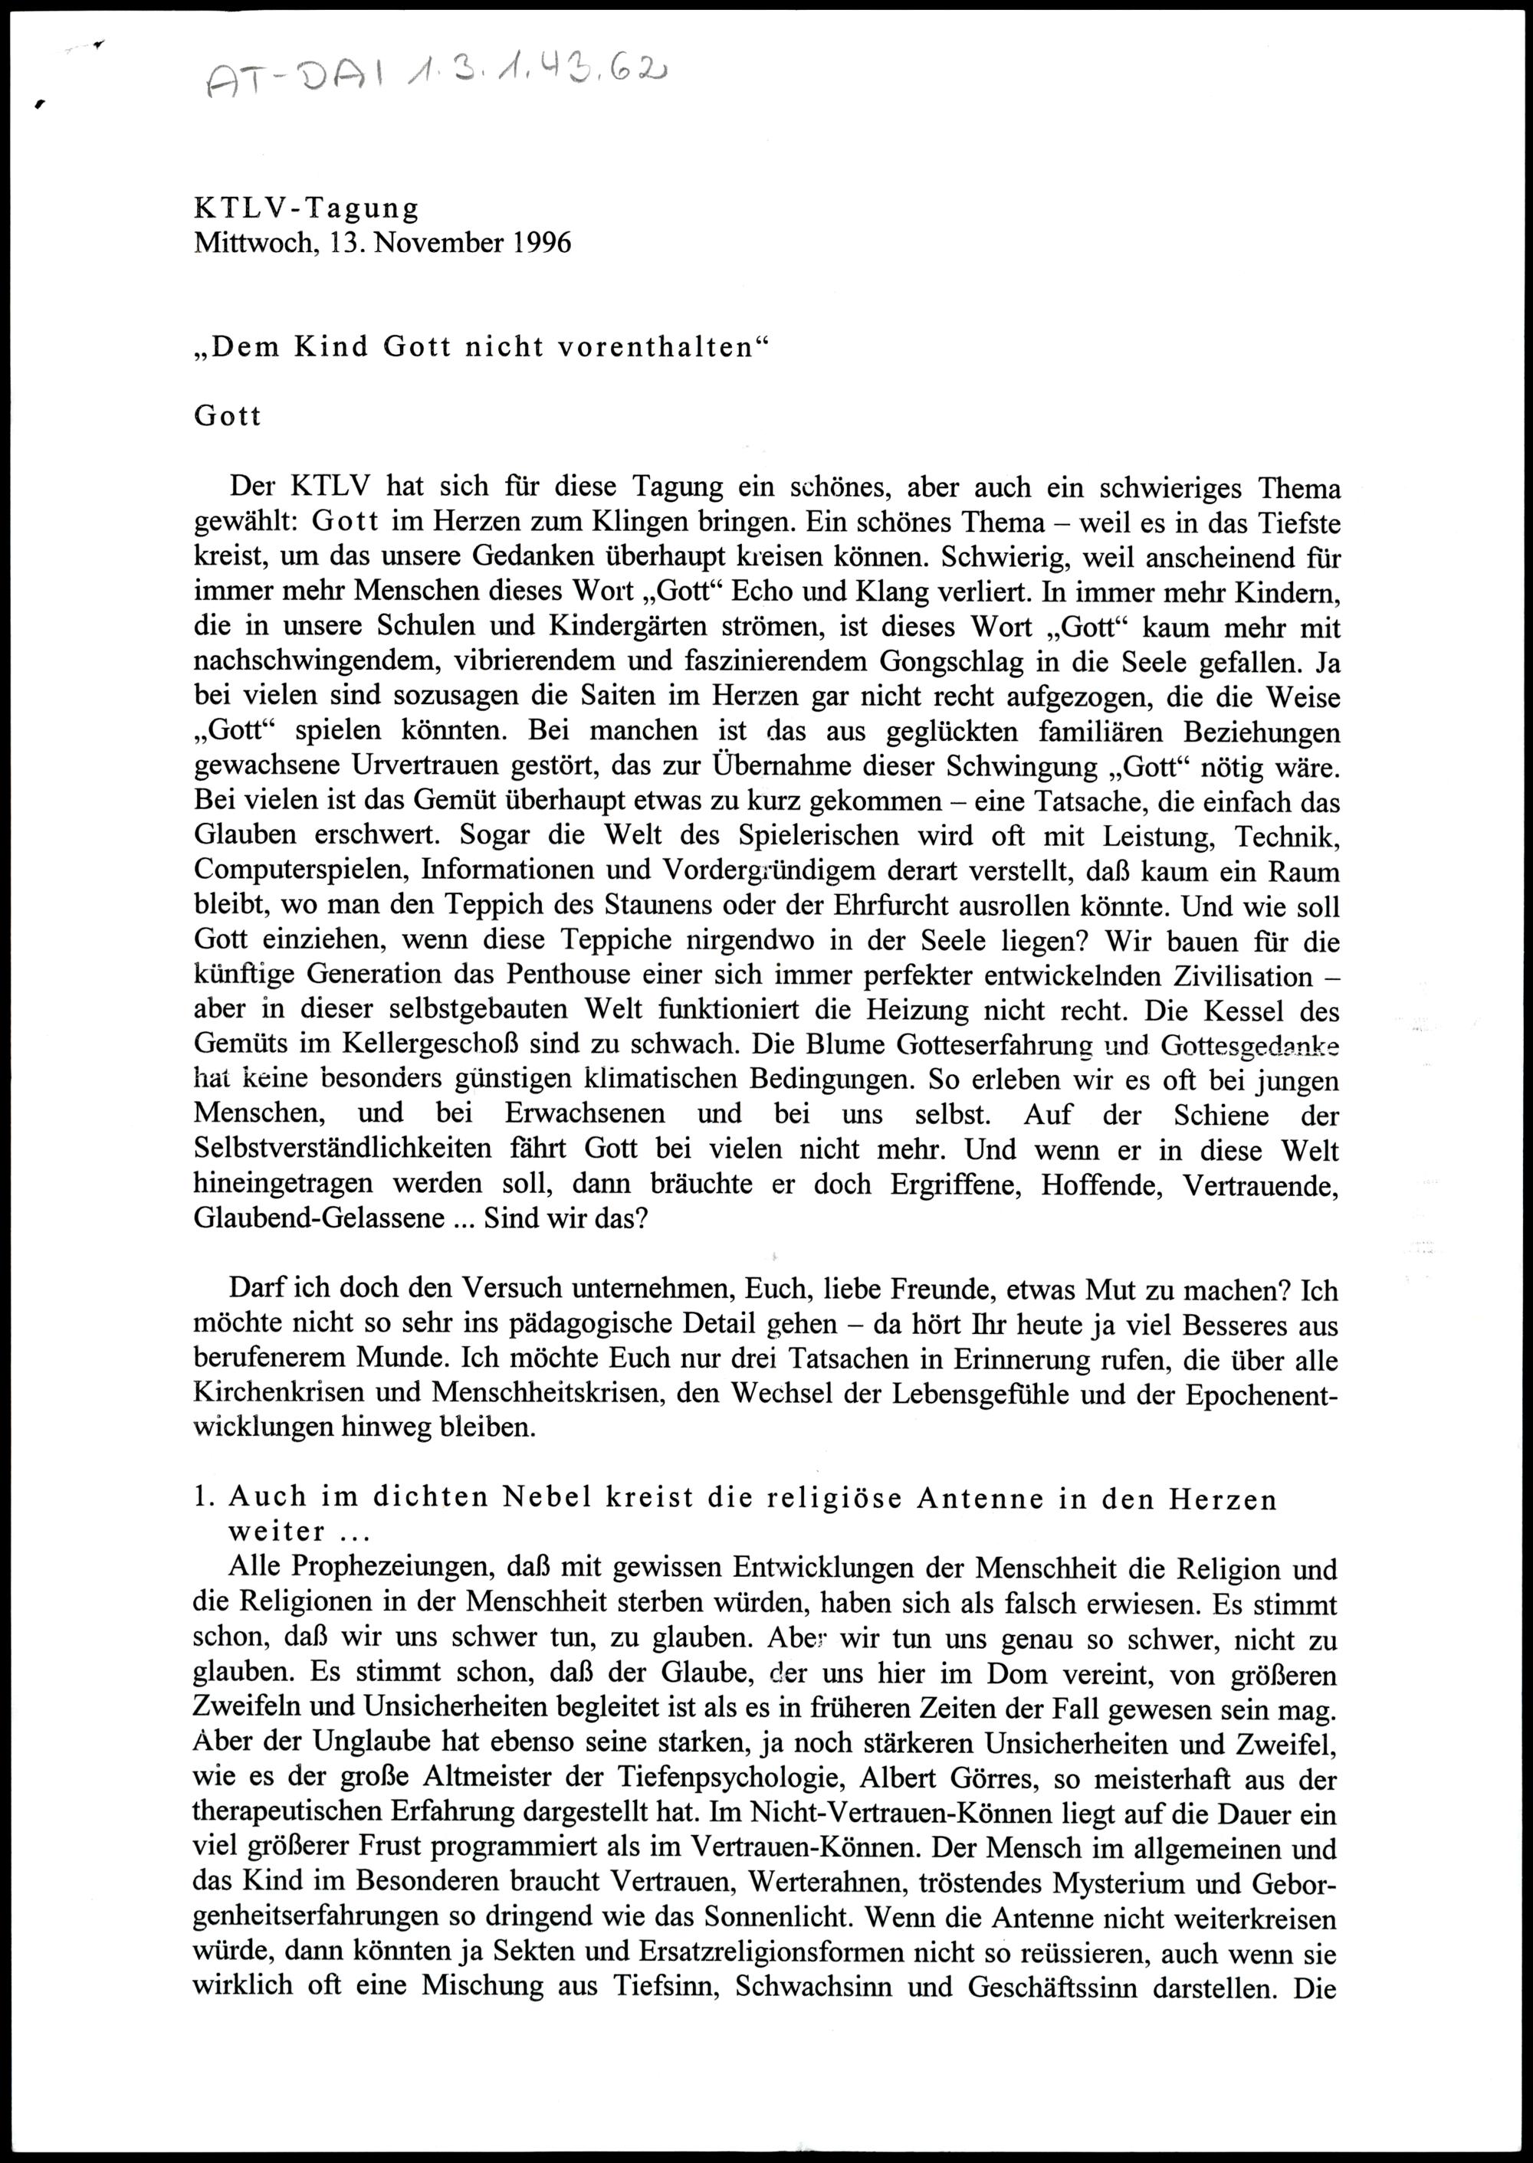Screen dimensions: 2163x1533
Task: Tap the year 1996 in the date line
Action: (x=543, y=243)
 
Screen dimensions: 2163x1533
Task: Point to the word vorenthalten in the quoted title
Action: (x=656, y=347)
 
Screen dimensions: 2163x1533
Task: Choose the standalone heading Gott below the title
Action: (x=228, y=416)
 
